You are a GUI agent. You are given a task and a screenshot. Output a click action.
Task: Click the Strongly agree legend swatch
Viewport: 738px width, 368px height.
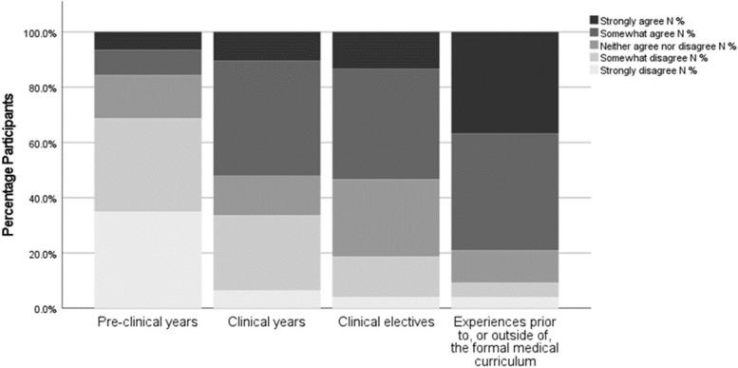click(594, 19)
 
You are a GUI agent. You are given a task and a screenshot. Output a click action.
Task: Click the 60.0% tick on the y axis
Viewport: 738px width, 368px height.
click(59, 143)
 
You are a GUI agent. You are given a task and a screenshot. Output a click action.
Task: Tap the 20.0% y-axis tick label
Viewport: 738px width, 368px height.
click(59, 254)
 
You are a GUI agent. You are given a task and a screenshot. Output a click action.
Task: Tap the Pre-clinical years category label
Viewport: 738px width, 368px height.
click(147, 323)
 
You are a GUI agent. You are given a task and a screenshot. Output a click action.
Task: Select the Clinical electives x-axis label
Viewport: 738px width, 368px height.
click(387, 323)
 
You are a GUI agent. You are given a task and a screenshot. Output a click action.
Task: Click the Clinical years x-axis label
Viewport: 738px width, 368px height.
click(267, 323)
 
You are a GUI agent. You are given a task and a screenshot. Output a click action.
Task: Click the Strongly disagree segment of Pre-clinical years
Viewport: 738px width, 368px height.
click(147, 260)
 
